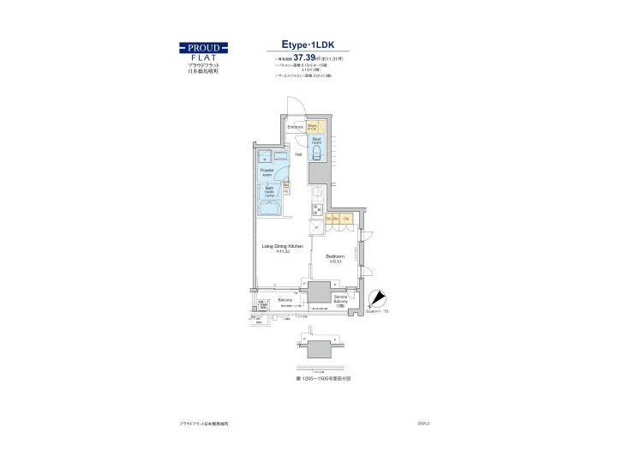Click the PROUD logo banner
(x=203, y=47)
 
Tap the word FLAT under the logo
(x=203, y=57)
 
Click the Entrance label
(x=296, y=127)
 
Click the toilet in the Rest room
(x=316, y=153)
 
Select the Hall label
(x=298, y=154)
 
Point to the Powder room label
(x=267, y=172)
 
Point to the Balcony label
(x=285, y=300)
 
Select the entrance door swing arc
(x=295, y=103)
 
